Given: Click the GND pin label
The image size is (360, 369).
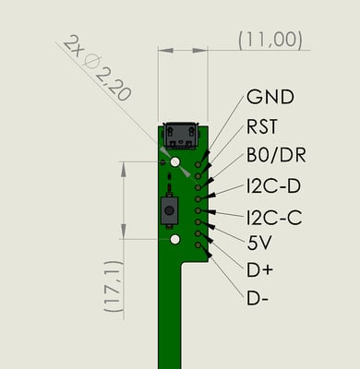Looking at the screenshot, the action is pos(270,97).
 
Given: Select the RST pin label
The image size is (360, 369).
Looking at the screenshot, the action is pos(262,126).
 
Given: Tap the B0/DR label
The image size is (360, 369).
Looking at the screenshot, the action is pos(276,155).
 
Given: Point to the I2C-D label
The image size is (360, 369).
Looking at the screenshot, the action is pos(273,186).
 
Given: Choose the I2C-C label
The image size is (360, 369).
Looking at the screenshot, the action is pos(274,217).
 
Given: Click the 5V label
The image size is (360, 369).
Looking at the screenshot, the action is pos(259,243).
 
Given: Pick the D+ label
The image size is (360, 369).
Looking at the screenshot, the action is pos(259,270).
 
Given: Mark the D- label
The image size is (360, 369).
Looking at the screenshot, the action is pos(258,298).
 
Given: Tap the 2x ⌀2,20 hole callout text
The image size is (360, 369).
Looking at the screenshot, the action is pos(97,68).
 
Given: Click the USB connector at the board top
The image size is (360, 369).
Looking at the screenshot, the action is pos(181,136).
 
